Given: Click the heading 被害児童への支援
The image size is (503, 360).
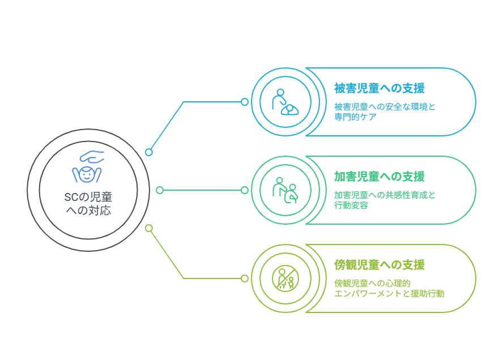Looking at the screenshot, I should pyautogui.click(x=379, y=88).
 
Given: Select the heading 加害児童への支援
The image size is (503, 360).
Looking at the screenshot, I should pyautogui.click(x=379, y=177).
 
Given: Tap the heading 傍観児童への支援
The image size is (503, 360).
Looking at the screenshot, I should pyautogui.click(x=379, y=265).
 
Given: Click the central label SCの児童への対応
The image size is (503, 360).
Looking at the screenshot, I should pyautogui.click(x=88, y=204).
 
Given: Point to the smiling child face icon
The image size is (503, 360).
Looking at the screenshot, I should pyautogui.click(x=87, y=174).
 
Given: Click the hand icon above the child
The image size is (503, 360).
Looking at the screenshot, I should pyautogui.click(x=91, y=156).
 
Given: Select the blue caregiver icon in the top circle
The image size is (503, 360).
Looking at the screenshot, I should pyautogui.click(x=285, y=102).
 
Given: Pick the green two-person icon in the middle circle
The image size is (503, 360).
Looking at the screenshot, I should pyautogui.click(x=285, y=190).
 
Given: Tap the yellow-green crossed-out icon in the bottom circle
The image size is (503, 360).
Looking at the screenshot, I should pyautogui.click(x=285, y=278).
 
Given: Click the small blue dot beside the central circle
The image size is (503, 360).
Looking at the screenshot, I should pyautogui.click(x=149, y=152).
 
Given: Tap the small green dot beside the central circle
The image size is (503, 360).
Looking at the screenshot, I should pyautogui.click(x=160, y=190).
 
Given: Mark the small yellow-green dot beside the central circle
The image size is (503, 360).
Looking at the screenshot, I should pyautogui.click(x=149, y=228).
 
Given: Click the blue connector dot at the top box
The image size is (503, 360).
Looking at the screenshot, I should pyautogui.click(x=245, y=102).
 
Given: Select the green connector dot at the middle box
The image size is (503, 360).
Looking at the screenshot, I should pyautogui.click(x=245, y=190).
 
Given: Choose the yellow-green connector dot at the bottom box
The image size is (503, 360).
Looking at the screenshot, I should pyautogui.click(x=245, y=278).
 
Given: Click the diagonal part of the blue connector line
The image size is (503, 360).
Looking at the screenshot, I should pyautogui.click(x=167, y=127).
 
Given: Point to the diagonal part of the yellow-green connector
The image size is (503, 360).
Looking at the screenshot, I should pyautogui.click(x=167, y=253).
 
